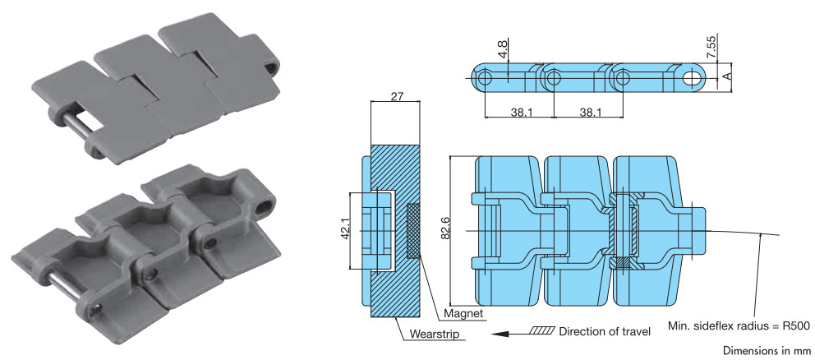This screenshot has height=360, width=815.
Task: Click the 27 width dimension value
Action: [396, 97]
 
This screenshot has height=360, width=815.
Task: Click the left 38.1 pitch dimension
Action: [518, 111]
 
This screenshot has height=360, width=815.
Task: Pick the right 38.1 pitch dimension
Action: [587, 111]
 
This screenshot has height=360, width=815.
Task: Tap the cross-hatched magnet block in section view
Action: [412, 231]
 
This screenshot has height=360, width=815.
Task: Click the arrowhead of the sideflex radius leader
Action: [762, 235]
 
